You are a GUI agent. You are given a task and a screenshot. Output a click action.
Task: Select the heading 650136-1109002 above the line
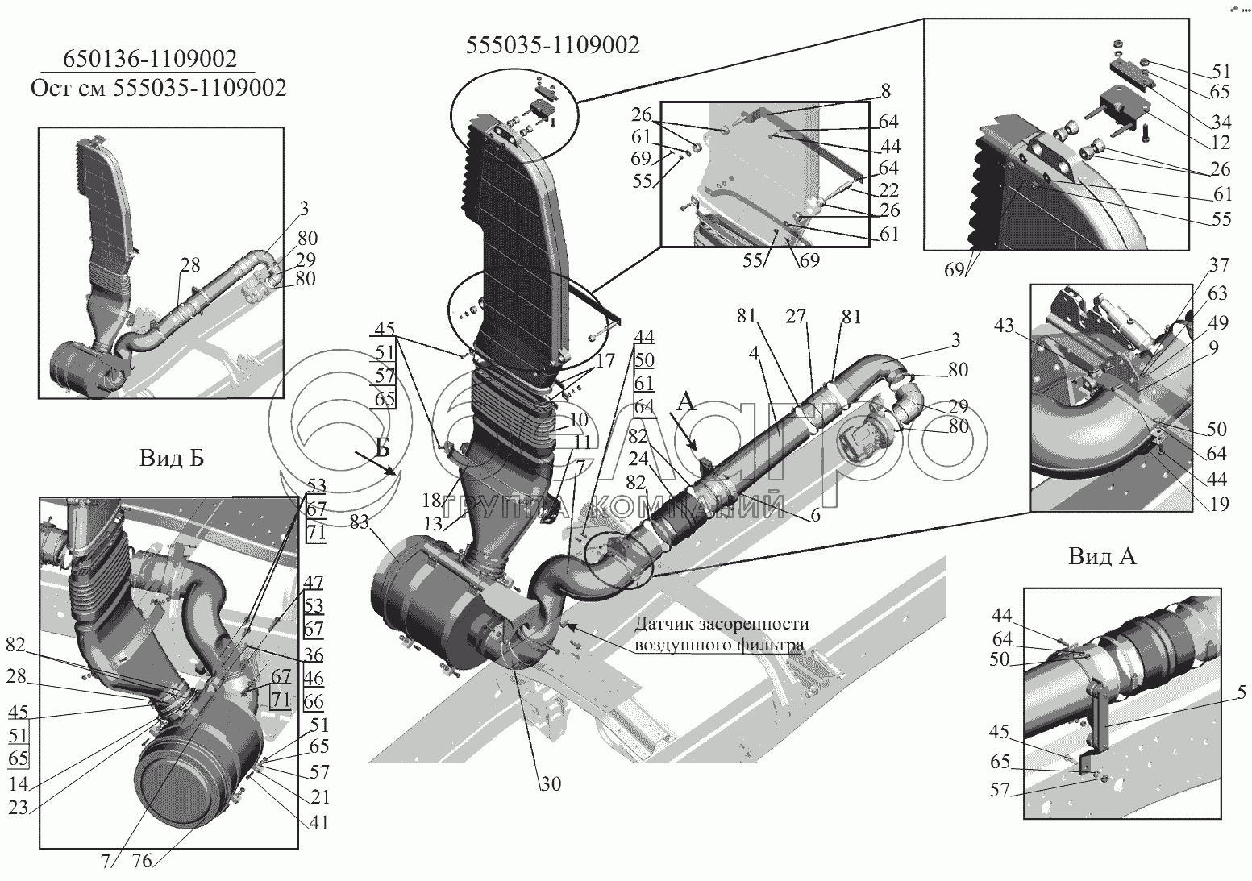tap(150, 59)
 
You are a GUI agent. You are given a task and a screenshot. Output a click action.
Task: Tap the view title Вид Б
tap(172, 459)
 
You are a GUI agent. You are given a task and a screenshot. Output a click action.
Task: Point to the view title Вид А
tap(1102, 557)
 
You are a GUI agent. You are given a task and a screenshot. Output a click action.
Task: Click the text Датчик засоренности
tap(722, 623)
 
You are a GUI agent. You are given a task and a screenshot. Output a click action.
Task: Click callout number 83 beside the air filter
tap(360, 522)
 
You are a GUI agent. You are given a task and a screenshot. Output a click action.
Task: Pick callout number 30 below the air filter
tap(551, 784)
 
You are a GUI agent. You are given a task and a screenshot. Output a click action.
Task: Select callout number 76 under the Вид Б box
tap(142, 860)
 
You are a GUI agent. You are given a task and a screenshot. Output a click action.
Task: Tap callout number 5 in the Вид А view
tap(1241, 693)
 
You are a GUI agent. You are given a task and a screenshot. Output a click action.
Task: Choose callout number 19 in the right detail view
tap(1219, 505)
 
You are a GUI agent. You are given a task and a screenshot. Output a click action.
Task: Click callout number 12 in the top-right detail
tap(1220, 143)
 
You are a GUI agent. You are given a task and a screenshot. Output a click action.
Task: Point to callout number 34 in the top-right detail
tap(1220, 121)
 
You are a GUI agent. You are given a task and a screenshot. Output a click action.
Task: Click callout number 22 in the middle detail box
tap(888, 190)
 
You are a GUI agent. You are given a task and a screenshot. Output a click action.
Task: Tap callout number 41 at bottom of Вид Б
tap(318, 823)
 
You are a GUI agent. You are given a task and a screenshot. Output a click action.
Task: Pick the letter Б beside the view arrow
tap(382, 448)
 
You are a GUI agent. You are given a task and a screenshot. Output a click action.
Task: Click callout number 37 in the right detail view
tap(1219, 265)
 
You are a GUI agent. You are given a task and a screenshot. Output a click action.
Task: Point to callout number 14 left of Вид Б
tap(19, 784)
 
